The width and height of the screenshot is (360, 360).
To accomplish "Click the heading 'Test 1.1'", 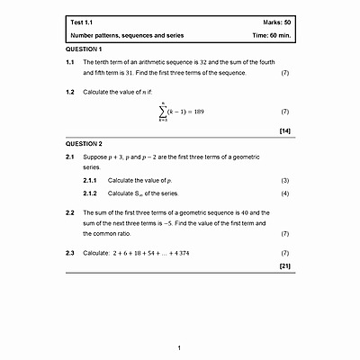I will (83, 21).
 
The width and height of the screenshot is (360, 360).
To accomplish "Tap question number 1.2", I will (71, 92).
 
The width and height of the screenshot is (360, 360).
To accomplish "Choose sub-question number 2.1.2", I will (90, 193).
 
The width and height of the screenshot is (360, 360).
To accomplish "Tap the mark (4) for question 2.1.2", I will (284, 193).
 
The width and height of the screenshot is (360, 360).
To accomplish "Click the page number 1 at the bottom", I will (180, 347).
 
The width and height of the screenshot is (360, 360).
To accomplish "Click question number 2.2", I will (71, 211).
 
